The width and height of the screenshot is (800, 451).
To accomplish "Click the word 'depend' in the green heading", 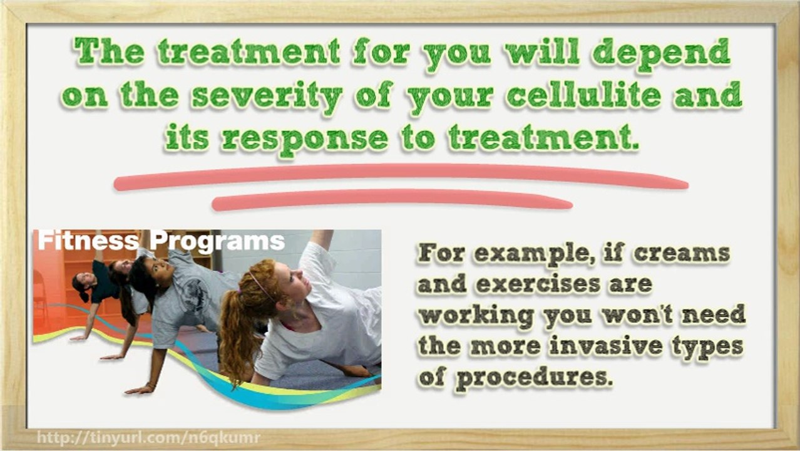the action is pyautogui.click(x=662, y=54).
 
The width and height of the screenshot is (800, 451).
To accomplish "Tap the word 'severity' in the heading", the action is pyautogui.click(x=267, y=97).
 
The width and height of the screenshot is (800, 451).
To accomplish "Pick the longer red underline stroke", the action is pyautogui.click(x=401, y=177).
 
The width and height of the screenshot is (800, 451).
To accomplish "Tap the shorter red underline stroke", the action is pyautogui.click(x=392, y=200).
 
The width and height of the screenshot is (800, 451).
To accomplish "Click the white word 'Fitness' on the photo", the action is pyautogui.click(x=88, y=241).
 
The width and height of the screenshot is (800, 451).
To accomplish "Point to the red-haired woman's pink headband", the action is pyautogui.click(x=260, y=285).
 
